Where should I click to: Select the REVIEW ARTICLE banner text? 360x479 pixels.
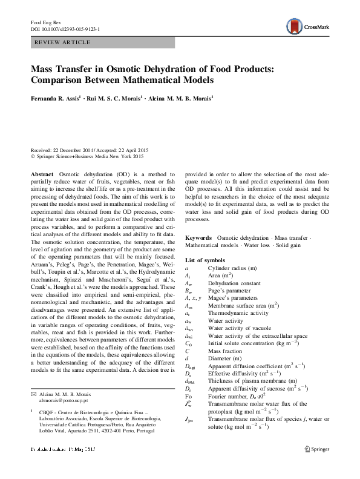click(63, 43)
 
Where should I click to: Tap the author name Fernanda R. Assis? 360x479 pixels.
click(57, 97)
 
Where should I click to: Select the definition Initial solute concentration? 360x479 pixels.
click(252, 342)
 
